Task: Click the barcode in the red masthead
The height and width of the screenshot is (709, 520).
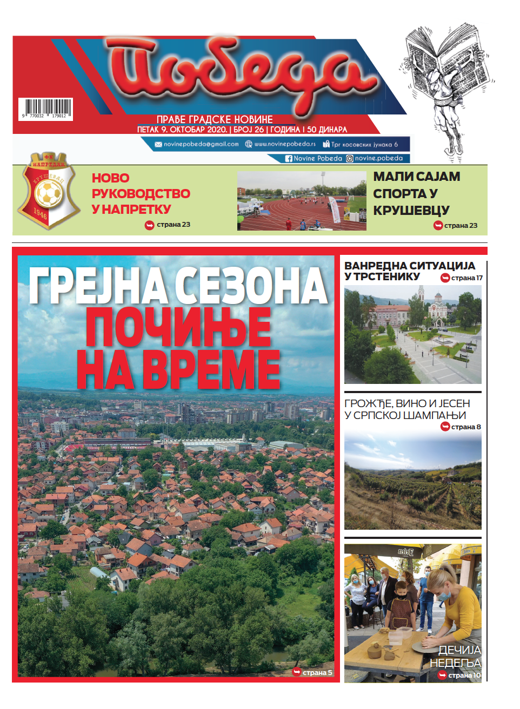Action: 46,109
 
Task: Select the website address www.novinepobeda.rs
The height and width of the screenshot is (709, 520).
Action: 285,144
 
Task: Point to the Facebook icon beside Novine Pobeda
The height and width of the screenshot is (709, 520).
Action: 289,159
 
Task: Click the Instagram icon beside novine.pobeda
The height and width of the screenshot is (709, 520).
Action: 350,159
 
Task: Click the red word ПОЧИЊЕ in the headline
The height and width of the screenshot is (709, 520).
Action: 178,327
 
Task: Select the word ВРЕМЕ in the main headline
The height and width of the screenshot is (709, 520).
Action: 211,369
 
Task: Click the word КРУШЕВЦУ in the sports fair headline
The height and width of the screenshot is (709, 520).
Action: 411,211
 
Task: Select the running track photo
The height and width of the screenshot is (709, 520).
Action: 302,201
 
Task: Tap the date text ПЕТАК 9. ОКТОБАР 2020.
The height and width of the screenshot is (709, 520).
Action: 182,130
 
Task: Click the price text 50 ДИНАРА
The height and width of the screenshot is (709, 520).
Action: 327,130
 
